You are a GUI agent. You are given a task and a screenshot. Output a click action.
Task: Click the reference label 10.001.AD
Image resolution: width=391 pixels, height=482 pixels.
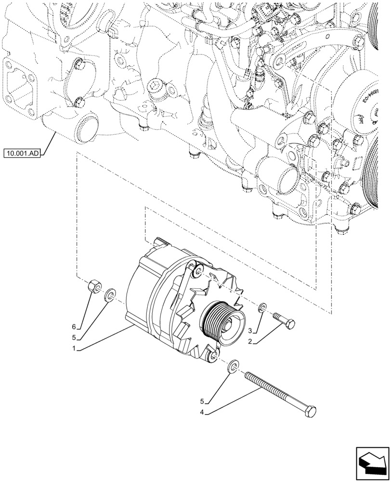click(x=22, y=154)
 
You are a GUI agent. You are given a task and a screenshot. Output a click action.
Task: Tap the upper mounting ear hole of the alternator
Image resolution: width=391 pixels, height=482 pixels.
click(x=197, y=273)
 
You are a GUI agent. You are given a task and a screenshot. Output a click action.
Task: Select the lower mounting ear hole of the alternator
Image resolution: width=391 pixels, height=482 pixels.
click(x=210, y=357)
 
